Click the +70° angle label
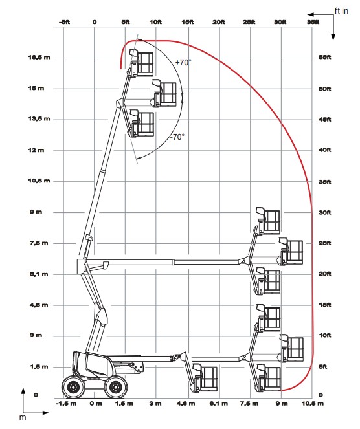[183, 62]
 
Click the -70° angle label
[177, 137]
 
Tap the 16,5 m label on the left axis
[39, 58]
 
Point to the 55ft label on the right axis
[324, 57]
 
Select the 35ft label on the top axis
[313, 22]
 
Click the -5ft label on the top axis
[64, 22]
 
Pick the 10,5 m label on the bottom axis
[313, 404]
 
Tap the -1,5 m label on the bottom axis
[66, 404]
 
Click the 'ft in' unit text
[341, 10]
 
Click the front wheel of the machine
[116, 387]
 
